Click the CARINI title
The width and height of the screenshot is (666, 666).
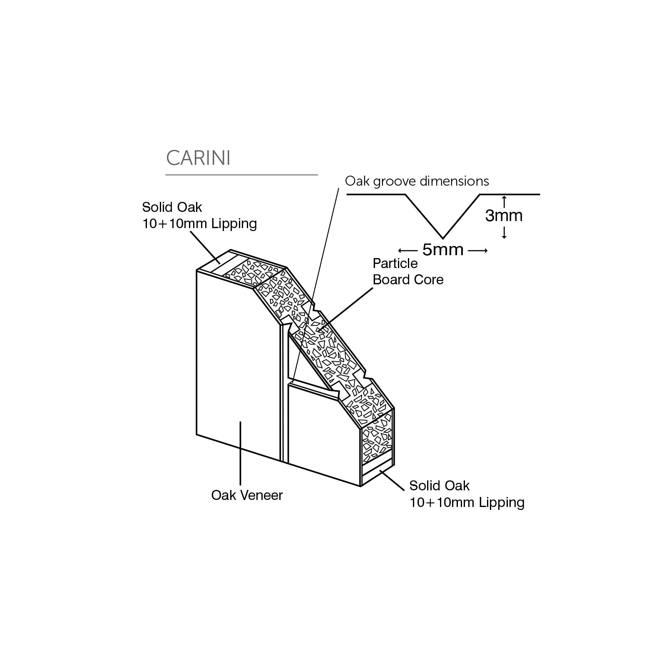coord(198,158)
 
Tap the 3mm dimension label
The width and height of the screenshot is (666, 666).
coord(504,216)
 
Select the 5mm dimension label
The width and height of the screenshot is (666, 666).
coord(442,250)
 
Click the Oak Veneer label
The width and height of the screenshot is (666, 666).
coord(247,495)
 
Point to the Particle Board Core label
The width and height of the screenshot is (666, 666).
coord(408,271)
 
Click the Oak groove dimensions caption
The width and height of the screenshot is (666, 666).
coord(417,181)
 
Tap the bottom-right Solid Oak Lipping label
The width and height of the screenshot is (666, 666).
coord(467,494)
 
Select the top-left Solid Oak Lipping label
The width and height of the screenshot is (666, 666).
coord(199,215)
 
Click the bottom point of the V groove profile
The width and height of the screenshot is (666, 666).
coord(442,239)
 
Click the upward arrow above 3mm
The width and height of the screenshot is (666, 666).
coord(504,202)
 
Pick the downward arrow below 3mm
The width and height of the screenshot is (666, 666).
coord(504,232)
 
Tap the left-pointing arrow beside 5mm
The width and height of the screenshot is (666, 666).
coord(408,250)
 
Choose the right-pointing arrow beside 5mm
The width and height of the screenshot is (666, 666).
coord(477,250)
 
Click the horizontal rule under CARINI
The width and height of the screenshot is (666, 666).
coord(241,175)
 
